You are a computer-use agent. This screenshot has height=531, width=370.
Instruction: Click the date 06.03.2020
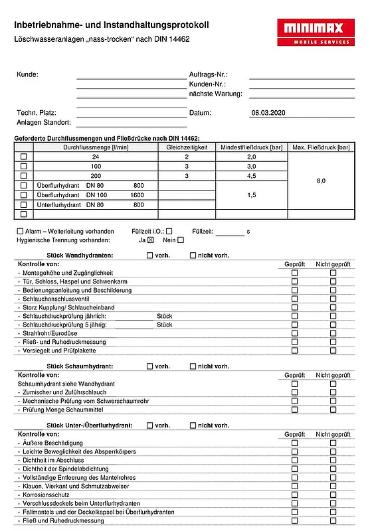268,113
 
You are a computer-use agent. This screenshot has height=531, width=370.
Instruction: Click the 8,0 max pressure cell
321,180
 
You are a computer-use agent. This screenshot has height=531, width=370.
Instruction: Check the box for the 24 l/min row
24,157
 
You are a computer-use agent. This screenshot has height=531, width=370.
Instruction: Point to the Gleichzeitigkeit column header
187,147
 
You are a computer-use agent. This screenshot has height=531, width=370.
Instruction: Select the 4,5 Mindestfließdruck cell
252,176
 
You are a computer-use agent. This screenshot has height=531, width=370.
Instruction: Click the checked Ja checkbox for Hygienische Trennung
151,240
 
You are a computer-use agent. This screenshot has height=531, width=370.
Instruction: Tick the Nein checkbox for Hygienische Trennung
181,240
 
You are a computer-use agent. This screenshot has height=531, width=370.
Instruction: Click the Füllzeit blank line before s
230,232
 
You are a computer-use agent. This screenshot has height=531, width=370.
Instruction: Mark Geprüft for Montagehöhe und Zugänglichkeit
295,273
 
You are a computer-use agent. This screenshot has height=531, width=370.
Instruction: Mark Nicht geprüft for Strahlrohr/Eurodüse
333,333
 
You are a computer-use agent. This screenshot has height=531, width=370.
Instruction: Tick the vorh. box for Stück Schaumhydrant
150,366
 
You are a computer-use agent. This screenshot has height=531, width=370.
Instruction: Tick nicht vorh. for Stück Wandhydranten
193,255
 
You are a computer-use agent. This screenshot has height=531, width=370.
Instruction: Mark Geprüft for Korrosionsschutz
295,494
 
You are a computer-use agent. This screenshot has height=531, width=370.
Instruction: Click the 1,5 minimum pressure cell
252,196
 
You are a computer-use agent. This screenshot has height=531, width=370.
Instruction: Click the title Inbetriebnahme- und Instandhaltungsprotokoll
112,25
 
